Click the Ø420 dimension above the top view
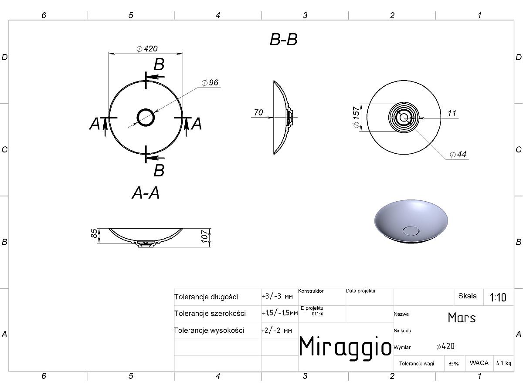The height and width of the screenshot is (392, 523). tap(147, 48)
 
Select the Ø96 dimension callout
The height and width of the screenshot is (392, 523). tap(210, 83)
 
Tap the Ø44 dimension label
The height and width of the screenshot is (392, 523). tap(458, 154)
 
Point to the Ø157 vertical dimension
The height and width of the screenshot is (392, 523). tap(356, 117)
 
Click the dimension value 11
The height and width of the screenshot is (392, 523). tap(452, 113)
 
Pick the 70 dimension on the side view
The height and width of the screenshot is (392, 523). tap(258, 112)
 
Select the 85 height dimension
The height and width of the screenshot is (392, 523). tap(94, 233)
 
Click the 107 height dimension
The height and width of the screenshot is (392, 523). tap(205, 236)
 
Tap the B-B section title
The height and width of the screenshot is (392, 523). tap(284, 40)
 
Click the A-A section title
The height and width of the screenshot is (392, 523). tap(146, 193)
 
